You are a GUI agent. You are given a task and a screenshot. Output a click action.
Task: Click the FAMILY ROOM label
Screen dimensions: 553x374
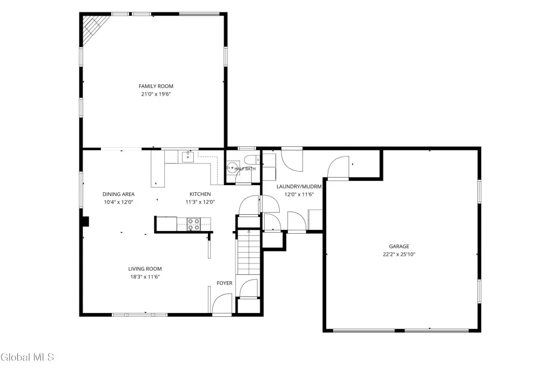(156, 86)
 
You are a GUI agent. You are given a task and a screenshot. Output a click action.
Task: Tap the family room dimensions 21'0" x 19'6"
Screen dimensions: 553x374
(156, 94)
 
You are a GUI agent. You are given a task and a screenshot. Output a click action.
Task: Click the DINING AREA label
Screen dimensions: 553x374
(118, 194)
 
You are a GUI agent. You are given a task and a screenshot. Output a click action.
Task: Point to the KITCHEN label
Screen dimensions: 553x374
(200, 194)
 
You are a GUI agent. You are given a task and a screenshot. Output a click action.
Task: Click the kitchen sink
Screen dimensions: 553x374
(188, 157)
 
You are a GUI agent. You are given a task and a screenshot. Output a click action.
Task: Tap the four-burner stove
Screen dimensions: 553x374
(194, 225)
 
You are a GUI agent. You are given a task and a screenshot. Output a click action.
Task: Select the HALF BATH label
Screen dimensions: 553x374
(245, 169)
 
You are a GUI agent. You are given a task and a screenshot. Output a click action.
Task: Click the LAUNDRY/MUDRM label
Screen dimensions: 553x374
(299, 187)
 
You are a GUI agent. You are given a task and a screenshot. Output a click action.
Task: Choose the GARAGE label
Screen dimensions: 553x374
(399, 247)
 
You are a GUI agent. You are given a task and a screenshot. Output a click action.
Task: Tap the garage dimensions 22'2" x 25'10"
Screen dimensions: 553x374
(399, 254)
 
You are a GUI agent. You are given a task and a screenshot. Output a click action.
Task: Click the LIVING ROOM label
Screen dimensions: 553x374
(145, 269)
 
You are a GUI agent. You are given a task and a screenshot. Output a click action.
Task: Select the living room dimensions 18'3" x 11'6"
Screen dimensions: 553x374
(145, 277)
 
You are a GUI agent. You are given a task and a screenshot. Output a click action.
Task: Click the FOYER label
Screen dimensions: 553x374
(225, 283)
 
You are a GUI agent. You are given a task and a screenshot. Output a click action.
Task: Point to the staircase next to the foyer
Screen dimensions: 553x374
(248, 252)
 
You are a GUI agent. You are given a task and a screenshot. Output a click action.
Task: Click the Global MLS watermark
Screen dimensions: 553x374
(27, 357)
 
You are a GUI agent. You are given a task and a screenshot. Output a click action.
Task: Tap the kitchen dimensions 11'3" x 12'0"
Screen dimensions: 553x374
(200, 202)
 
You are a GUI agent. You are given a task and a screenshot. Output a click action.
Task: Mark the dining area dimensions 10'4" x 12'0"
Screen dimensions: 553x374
(118, 202)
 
